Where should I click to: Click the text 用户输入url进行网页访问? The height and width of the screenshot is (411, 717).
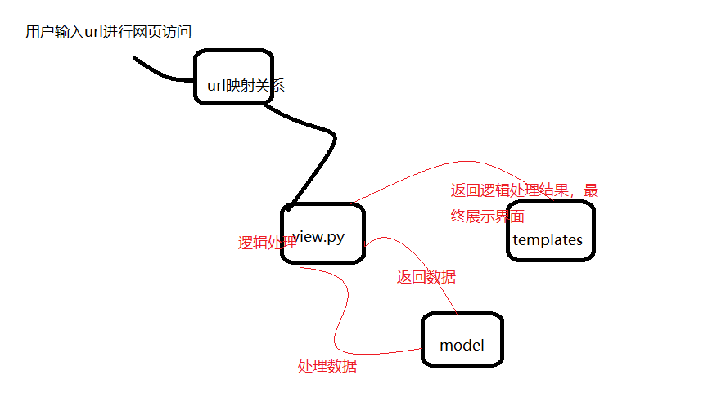tap(109, 32)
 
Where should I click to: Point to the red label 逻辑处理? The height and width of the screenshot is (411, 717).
tap(267, 243)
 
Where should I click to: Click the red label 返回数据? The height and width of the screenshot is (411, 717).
tap(426, 277)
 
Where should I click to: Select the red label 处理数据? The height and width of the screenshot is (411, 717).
tap(327, 366)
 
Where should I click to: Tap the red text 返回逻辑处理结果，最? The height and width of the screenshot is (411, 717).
tap(525, 191)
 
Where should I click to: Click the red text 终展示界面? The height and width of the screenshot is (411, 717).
tap(488, 217)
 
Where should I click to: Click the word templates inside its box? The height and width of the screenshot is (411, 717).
tap(548, 239)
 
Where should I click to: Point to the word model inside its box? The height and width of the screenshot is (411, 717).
tap(462, 345)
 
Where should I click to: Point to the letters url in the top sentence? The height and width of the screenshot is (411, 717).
tap(94, 32)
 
